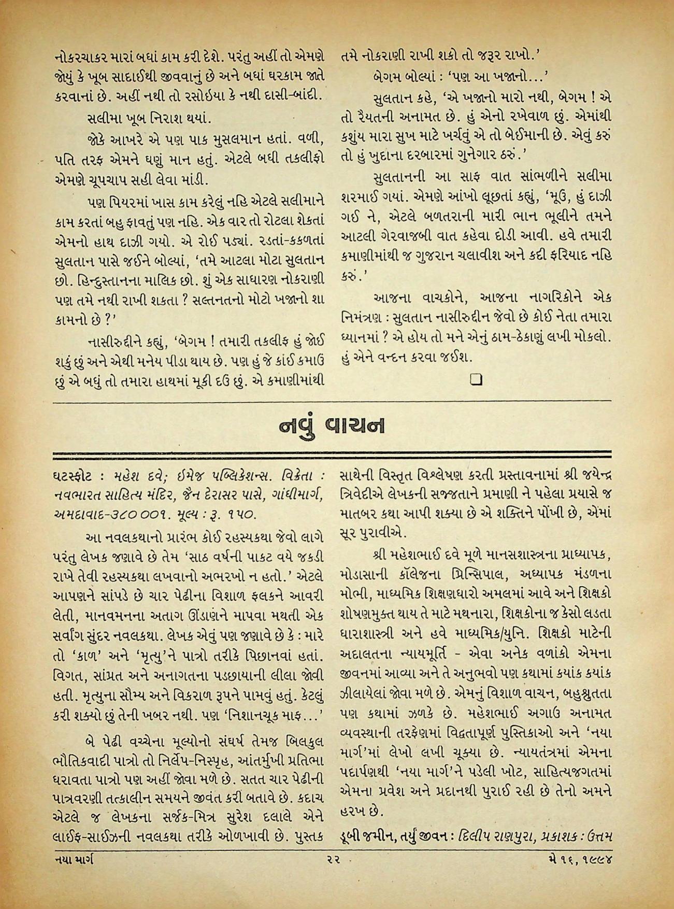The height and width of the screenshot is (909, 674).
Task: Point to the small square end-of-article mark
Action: coord(476,380)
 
